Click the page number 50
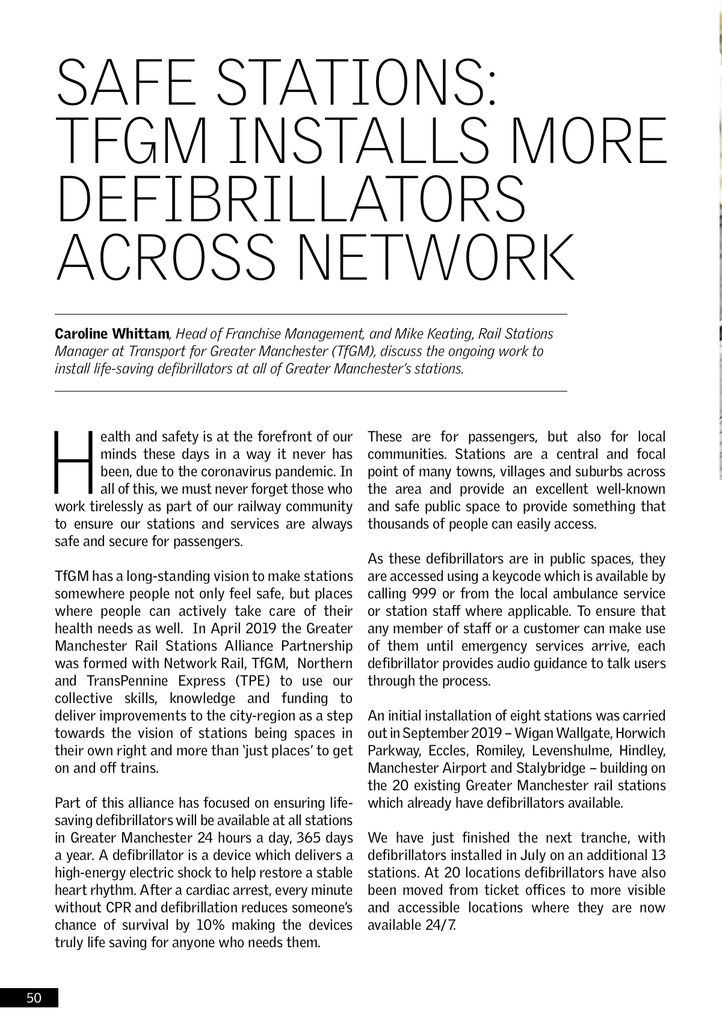(x=34, y=998)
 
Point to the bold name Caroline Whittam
(x=112, y=334)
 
